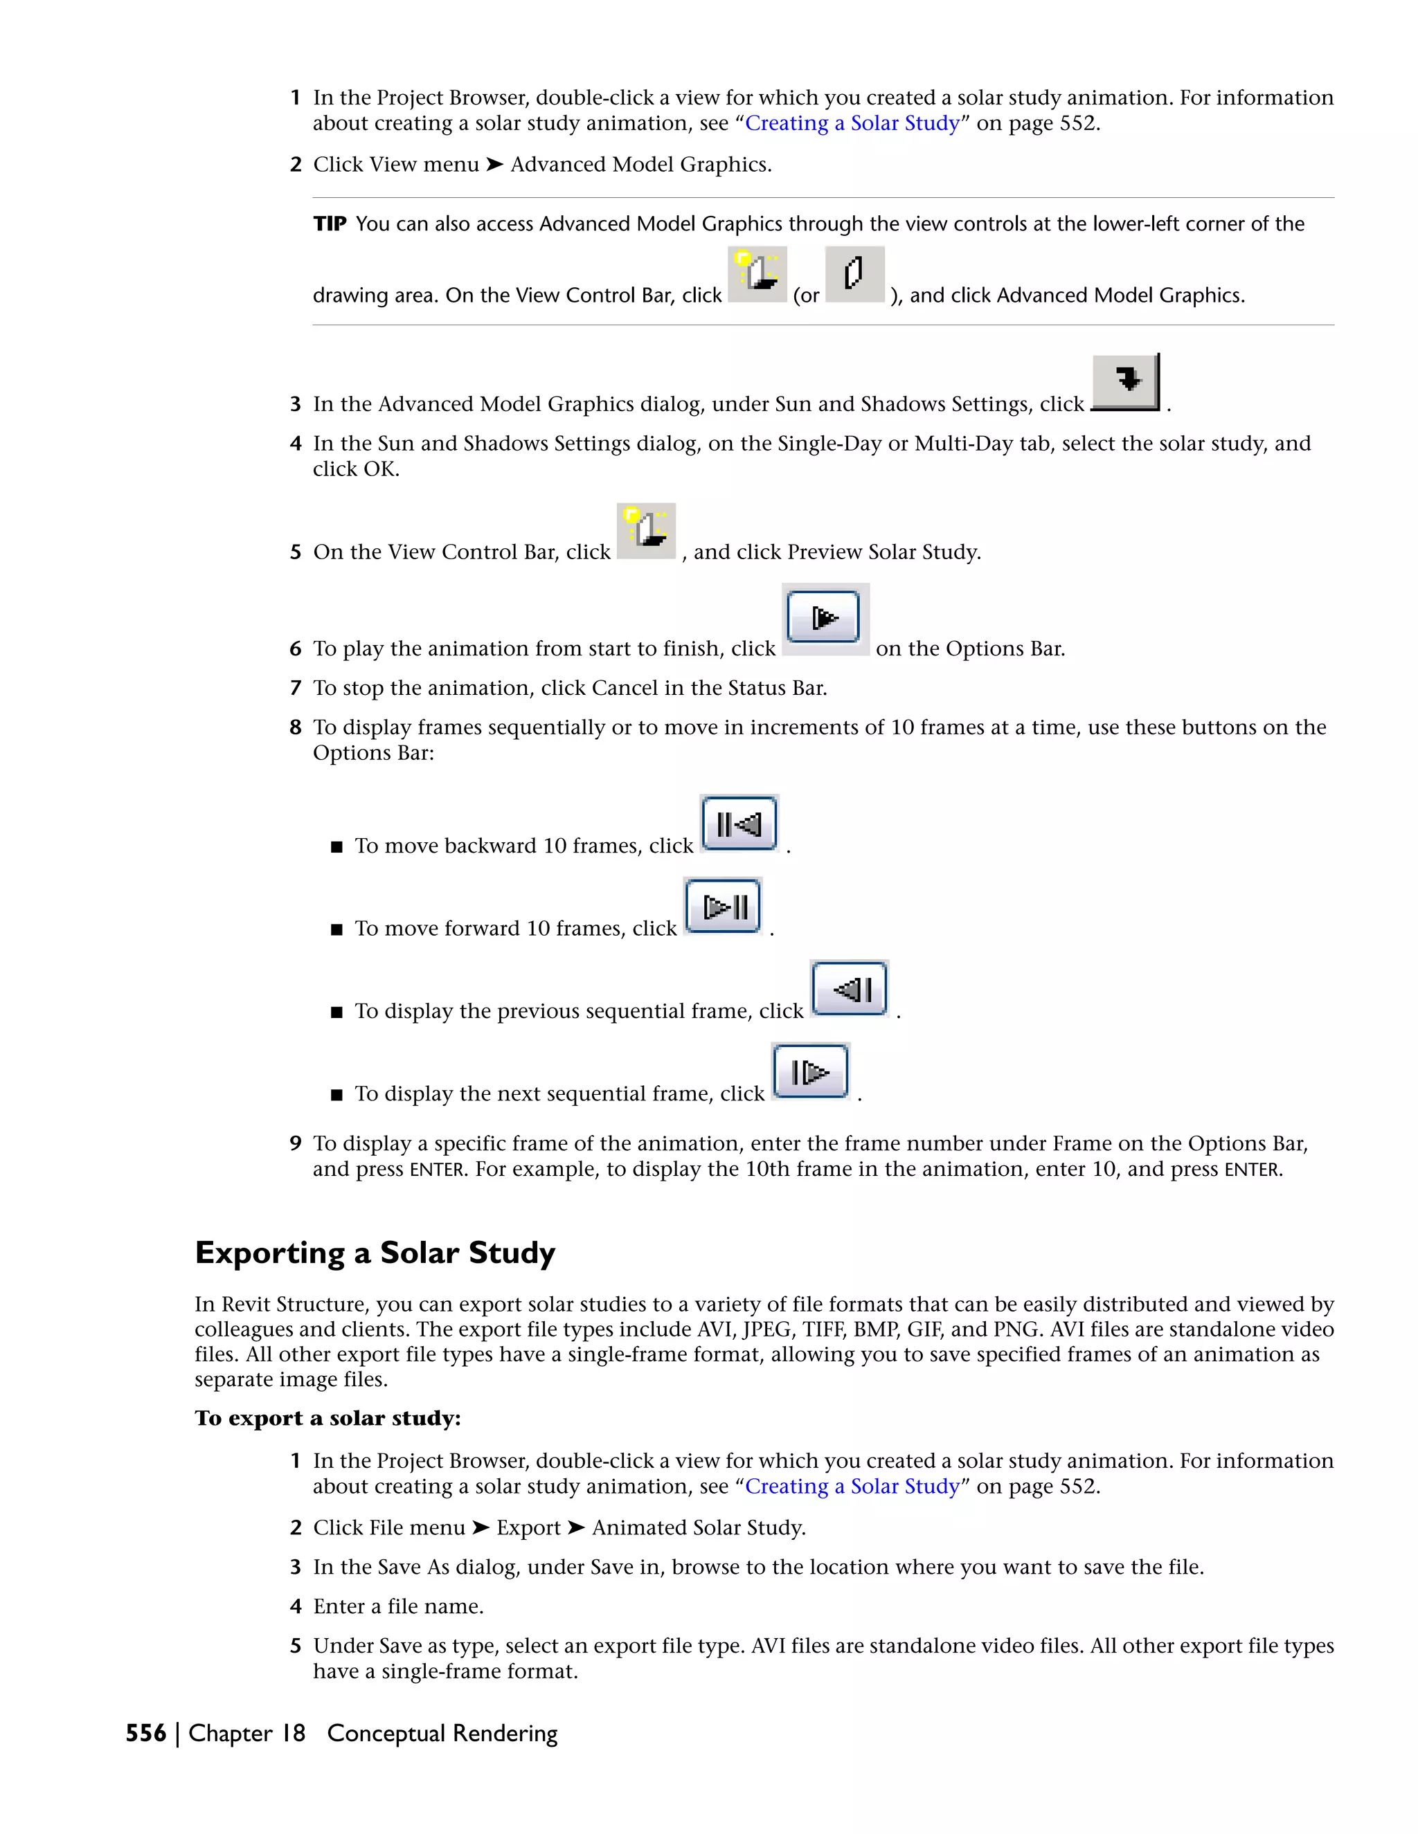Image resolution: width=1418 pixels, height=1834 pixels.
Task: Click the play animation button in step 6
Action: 823,618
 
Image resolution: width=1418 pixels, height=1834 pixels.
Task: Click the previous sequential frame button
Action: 850,988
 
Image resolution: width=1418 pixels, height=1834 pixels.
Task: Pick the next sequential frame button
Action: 810,1071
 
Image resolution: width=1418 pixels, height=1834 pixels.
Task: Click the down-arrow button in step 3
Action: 1126,381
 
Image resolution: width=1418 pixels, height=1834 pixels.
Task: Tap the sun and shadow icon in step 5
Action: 646,531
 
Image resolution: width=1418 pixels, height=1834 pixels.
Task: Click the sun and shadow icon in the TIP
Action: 757,274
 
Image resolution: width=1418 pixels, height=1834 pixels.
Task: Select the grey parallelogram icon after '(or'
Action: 854,274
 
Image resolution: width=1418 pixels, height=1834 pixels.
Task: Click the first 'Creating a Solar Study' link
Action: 852,123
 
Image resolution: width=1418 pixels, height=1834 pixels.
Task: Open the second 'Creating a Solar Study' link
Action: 852,1487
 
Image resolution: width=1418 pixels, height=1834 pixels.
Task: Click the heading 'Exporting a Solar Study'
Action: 375,1253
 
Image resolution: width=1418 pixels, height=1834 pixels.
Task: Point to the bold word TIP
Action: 330,224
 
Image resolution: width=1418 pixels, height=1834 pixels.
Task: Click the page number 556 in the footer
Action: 145,1733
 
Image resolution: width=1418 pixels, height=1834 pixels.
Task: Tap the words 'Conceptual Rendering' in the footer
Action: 442,1733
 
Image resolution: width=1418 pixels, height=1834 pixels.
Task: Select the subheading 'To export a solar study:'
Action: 327,1418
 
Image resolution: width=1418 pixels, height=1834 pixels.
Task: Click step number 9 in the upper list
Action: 296,1144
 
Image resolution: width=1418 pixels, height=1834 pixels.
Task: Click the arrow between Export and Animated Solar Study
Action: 575,1527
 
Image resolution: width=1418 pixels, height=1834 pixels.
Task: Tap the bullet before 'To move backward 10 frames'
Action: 337,847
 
